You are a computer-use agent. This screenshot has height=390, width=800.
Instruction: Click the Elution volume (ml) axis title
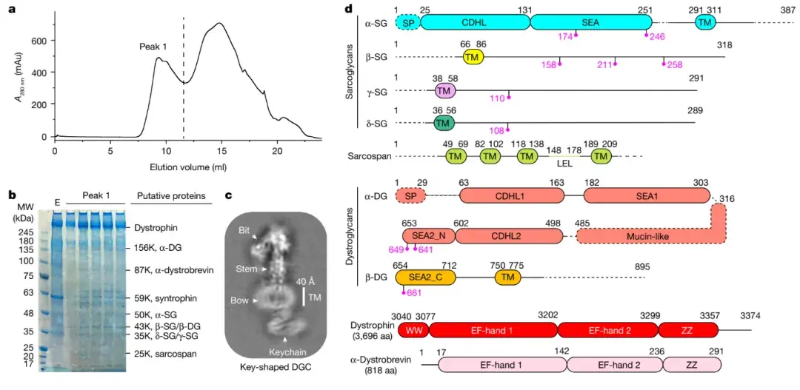point(188,167)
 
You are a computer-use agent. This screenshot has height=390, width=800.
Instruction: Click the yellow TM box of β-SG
point(473,57)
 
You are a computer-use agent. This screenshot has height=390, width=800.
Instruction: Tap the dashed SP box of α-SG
point(408,22)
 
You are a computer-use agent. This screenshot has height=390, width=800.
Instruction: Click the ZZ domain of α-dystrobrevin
point(692,364)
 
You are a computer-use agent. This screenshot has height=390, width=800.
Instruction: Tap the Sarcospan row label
point(371,157)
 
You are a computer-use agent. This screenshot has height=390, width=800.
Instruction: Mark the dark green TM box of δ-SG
point(443,122)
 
